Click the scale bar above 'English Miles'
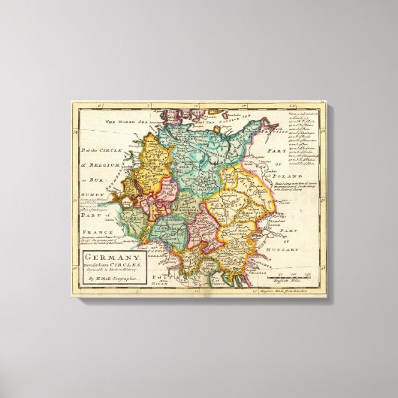(290, 277)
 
